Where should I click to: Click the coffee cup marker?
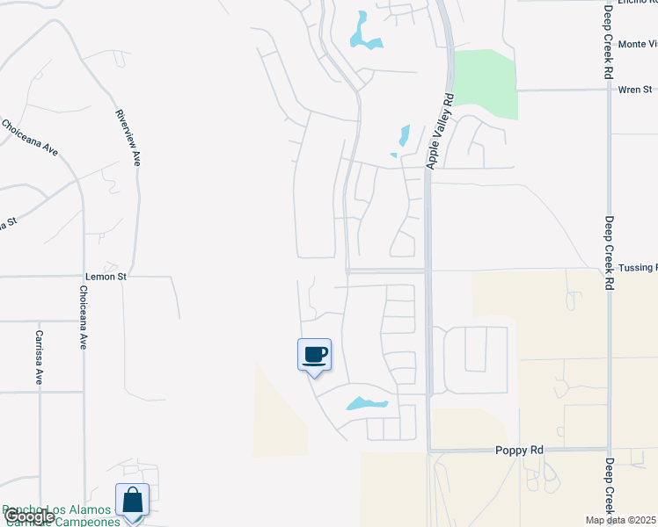coord(315,356)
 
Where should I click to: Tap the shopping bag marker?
coord(132,501)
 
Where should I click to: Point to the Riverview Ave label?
coord(129,138)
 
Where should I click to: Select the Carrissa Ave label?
coord(39,357)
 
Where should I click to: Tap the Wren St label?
coord(635,90)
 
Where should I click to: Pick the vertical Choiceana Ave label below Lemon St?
coord(84,317)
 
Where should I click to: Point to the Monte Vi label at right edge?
coord(637,44)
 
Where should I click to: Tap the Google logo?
coord(29,516)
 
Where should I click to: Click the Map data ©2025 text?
coord(620,520)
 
